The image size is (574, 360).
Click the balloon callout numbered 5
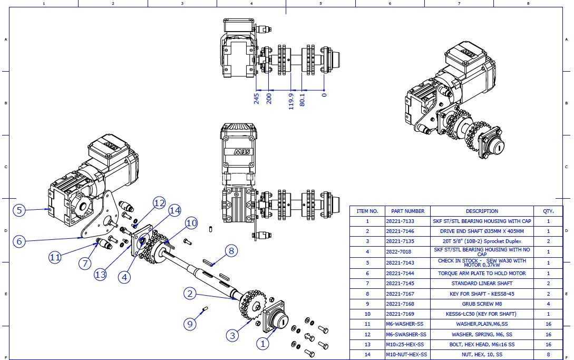click(x=20, y=210)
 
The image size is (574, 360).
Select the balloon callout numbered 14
click(x=175, y=211)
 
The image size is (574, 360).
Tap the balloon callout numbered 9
click(x=190, y=324)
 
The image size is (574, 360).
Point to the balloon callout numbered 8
click(x=231, y=251)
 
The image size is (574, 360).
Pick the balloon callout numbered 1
click(x=262, y=344)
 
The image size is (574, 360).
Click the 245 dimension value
click(x=257, y=99)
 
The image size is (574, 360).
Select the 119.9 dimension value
click(x=291, y=101)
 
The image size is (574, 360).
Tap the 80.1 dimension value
click(x=303, y=100)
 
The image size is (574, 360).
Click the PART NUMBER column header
click(x=407, y=211)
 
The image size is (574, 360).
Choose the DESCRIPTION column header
click(x=482, y=211)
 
